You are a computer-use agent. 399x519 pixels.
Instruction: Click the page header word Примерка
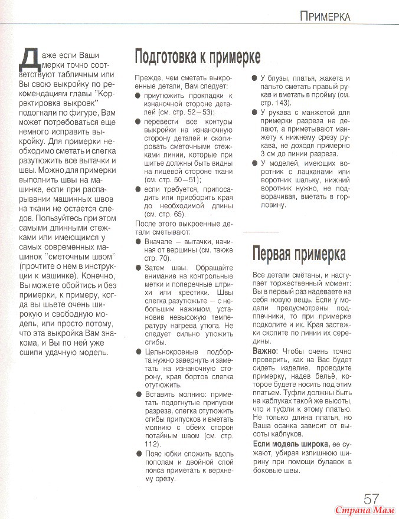(x=325, y=16)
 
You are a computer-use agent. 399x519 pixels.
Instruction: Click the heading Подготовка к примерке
(x=198, y=57)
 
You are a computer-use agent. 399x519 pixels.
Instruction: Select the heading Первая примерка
(x=299, y=254)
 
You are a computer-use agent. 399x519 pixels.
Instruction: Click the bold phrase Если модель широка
(x=291, y=444)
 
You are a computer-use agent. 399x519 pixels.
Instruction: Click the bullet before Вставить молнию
(x=139, y=393)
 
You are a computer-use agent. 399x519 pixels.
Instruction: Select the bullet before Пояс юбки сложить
(x=139, y=453)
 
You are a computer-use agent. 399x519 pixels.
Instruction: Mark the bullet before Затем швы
(x=139, y=268)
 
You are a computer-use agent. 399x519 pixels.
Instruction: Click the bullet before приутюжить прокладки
(x=139, y=95)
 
